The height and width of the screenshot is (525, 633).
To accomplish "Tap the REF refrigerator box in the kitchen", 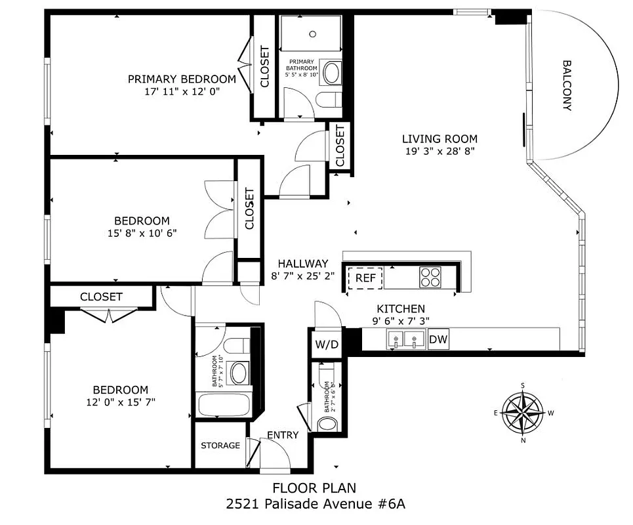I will click(365, 278).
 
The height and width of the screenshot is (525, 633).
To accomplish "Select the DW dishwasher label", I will click(438, 340).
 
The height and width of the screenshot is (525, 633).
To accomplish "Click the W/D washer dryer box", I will click(326, 344).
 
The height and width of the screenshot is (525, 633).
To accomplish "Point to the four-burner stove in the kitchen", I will click(431, 278).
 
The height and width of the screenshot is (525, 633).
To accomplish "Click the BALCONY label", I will click(567, 85).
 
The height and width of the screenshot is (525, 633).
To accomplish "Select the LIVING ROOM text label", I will click(439, 138).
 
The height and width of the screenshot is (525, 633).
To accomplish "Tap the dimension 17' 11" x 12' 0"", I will click(182, 92).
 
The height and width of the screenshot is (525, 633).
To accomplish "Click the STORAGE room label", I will click(220, 446).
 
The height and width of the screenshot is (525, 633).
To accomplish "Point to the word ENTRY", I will click(283, 435).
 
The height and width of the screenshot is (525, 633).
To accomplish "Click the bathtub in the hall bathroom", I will click(224, 404).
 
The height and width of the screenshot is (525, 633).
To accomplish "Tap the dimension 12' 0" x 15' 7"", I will click(120, 402).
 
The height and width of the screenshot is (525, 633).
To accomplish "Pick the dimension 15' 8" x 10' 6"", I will click(142, 233).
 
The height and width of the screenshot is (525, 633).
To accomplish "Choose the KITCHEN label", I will click(400, 308).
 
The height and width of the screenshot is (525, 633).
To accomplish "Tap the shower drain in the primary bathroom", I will click(314, 33).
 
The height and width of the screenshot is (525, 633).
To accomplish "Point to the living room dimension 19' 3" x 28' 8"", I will click(439, 151).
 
